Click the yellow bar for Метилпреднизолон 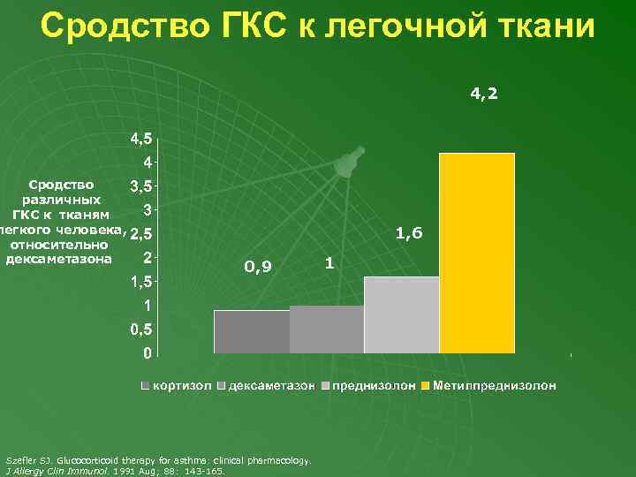(477, 253)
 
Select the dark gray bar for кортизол (252, 331)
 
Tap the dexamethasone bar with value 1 (327, 329)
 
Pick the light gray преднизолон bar (402, 314)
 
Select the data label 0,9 (258, 266)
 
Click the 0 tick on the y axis (147, 353)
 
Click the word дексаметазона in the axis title (59, 259)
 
